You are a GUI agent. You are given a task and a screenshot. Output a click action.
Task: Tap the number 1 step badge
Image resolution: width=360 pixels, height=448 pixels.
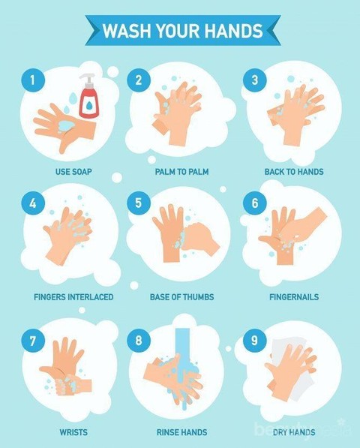click(x=33, y=80)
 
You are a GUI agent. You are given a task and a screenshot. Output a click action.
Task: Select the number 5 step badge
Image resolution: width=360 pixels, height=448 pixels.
click(x=139, y=203)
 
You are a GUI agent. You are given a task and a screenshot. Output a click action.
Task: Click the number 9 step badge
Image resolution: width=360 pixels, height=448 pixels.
click(x=254, y=340)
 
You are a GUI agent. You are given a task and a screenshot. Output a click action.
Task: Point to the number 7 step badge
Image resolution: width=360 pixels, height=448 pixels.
click(x=33, y=340)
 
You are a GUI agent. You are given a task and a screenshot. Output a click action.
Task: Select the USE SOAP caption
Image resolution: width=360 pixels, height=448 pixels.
click(x=73, y=172)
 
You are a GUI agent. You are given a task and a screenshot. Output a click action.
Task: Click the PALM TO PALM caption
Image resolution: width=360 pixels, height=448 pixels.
click(x=181, y=172)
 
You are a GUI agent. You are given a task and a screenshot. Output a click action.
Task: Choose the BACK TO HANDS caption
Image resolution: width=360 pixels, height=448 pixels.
click(x=294, y=172)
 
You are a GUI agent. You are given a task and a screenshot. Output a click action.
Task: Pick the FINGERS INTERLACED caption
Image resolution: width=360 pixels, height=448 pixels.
click(x=73, y=297)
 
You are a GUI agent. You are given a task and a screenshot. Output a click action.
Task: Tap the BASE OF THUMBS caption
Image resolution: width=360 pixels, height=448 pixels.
click(x=181, y=297)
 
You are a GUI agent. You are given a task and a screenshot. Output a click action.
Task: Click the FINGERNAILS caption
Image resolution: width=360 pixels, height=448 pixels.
click(x=294, y=297)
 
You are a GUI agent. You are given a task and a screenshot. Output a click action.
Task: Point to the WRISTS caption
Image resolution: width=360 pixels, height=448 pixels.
click(x=73, y=432)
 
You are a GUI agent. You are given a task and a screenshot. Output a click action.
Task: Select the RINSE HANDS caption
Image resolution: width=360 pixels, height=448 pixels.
click(x=181, y=432)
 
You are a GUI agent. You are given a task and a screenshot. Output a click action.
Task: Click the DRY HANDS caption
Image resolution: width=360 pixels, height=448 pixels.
click(x=294, y=432)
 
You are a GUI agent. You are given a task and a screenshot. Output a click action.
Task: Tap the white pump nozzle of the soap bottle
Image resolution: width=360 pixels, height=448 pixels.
click(x=88, y=80)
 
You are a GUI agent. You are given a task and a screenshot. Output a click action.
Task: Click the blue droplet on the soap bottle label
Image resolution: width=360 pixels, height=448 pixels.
click(x=89, y=105)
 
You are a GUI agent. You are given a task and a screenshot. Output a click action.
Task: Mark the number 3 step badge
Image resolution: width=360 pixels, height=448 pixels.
click(x=254, y=80)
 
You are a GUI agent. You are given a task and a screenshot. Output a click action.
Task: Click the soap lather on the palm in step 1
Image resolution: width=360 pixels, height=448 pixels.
click(x=66, y=126)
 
